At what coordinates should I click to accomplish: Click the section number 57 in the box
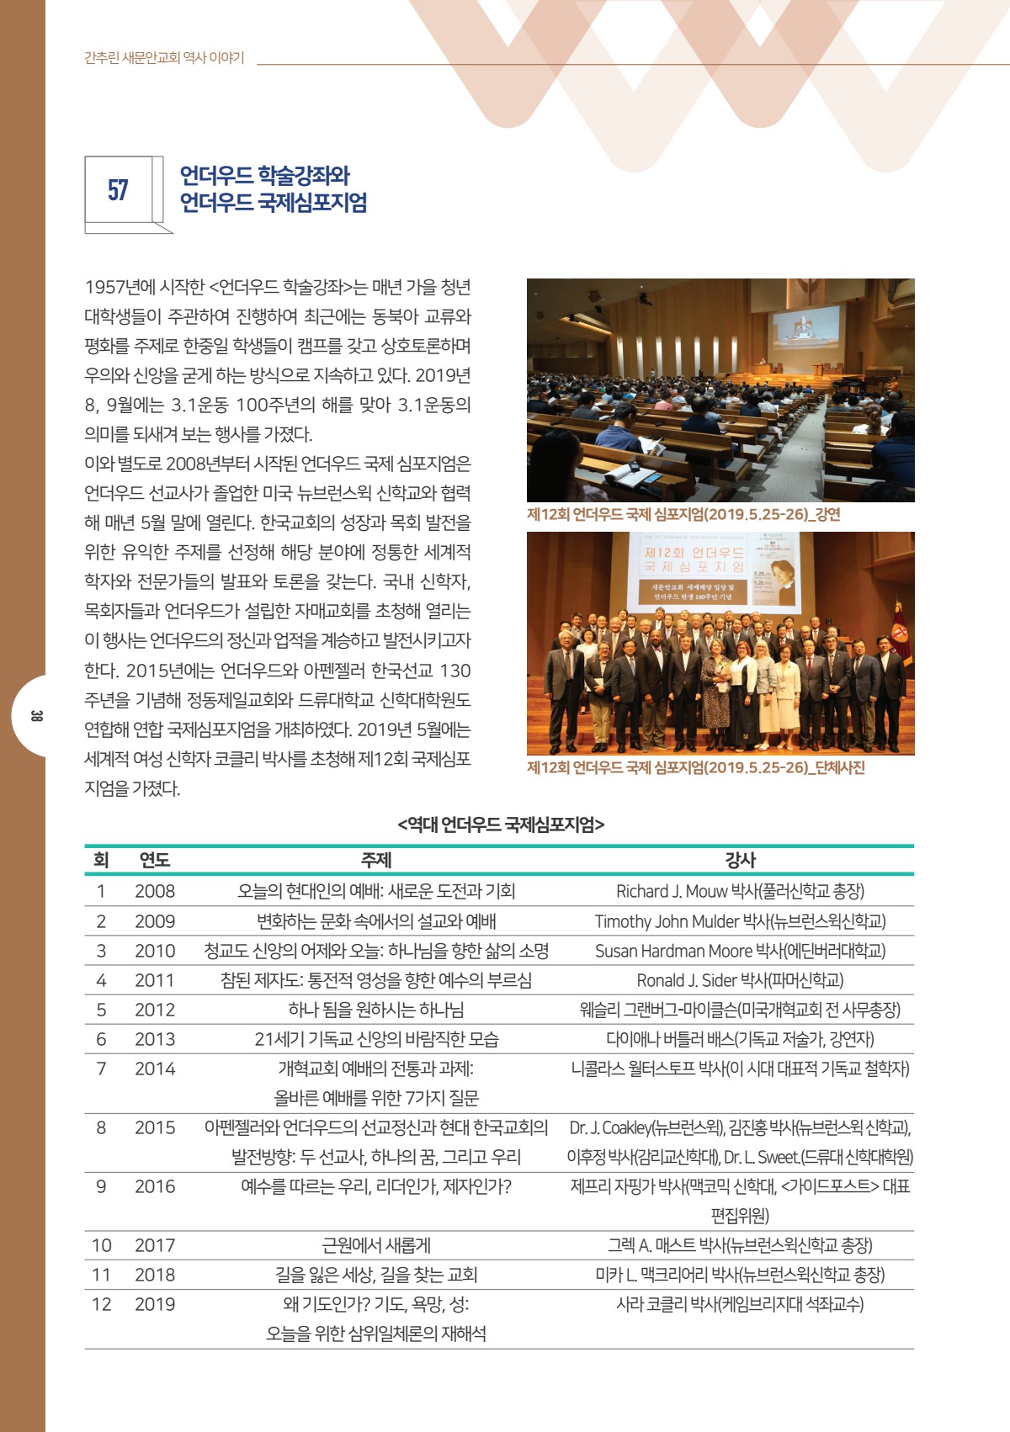[x=118, y=190]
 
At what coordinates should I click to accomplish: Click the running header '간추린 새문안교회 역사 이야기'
[x=164, y=58]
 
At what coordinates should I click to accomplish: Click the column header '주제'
[x=375, y=860]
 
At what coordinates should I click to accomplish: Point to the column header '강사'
[x=740, y=860]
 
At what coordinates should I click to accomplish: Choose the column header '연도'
[x=155, y=860]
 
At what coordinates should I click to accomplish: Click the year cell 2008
[x=155, y=891]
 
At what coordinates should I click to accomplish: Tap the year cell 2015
[x=155, y=1127]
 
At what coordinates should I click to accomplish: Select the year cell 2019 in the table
[x=155, y=1304]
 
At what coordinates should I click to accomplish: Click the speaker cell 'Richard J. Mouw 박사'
[x=740, y=891]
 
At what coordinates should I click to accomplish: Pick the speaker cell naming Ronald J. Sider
[x=740, y=980]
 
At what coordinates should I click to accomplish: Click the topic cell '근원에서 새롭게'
[x=375, y=1245]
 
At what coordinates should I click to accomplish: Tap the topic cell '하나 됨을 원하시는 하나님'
[x=375, y=1010]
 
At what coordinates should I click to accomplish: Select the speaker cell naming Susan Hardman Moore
[x=740, y=951]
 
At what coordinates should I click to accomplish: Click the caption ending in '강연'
[x=683, y=515]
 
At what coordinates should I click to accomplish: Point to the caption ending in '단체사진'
[x=695, y=767]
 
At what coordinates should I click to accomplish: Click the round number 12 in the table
[x=101, y=1304]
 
